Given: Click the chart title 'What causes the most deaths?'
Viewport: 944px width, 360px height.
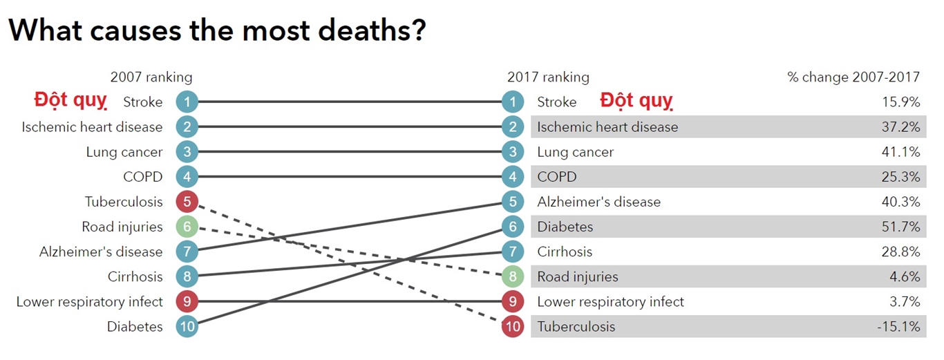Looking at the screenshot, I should click(217, 30).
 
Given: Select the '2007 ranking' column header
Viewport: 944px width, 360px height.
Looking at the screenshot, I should click(151, 77).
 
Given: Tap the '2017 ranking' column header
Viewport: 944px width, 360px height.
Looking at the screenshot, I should click(548, 77).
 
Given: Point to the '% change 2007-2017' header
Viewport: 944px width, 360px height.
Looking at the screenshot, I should click(853, 77).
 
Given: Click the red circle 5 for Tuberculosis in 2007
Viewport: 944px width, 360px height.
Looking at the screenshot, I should click(187, 202).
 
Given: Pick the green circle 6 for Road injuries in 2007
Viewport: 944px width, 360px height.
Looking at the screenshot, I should click(187, 227).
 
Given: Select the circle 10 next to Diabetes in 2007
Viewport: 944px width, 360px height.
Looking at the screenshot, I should click(187, 326).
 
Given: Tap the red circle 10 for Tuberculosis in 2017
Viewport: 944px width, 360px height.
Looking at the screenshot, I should click(512, 326).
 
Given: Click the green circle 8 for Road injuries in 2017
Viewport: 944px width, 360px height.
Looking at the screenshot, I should click(512, 276).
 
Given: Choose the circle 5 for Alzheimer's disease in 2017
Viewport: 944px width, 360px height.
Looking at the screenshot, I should click(512, 202).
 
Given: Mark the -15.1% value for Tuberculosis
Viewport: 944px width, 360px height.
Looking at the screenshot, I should click(898, 326).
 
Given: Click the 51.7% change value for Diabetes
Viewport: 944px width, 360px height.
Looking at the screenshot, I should click(901, 227).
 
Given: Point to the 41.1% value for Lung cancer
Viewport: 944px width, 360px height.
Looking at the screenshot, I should click(901, 152).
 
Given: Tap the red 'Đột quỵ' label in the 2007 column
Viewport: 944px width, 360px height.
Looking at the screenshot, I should click(70, 101).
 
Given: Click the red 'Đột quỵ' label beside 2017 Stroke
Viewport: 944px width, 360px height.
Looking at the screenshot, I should click(636, 101).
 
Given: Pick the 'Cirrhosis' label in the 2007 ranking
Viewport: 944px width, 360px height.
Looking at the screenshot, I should click(135, 276).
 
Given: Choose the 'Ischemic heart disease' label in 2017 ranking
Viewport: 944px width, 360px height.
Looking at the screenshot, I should click(607, 127).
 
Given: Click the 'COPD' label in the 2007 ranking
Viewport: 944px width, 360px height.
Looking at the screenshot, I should click(143, 177).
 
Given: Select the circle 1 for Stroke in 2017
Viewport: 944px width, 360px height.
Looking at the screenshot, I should click(512, 102).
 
